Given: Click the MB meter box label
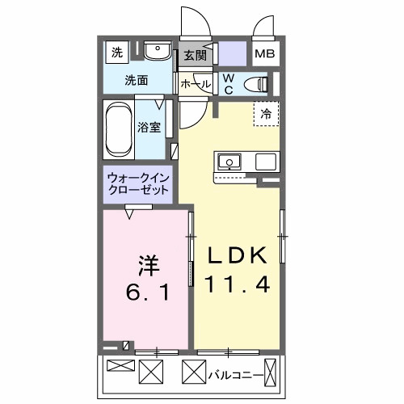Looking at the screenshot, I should (264, 55).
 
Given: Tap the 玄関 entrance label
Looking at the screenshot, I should (194, 56).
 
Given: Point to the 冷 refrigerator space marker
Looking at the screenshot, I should (265, 114).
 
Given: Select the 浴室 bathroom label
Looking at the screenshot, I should (149, 127).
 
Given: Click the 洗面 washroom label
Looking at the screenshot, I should (136, 81).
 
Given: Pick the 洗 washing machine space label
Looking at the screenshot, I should (116, 53).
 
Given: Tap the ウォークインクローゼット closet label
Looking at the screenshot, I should (139, 184).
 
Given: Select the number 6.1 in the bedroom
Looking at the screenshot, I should (146, 292).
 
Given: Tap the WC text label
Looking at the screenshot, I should (229, 84).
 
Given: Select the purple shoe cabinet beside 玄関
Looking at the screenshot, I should (233, 56).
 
